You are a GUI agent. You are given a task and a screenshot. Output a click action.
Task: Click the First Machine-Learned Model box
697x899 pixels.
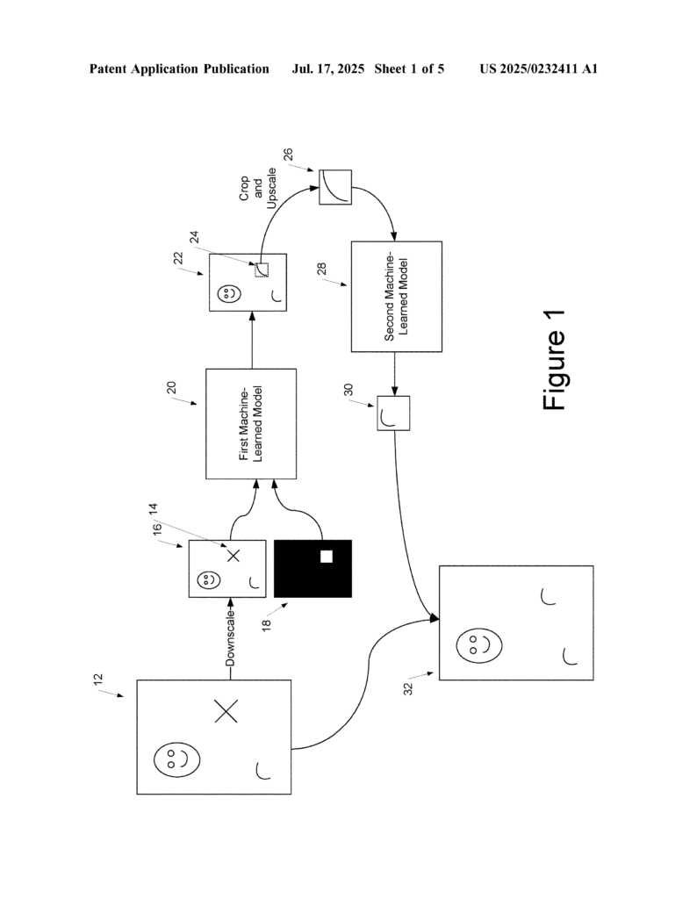click(x=251, y=424)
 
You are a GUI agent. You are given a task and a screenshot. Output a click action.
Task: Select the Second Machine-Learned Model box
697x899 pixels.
click(x=396, y=295)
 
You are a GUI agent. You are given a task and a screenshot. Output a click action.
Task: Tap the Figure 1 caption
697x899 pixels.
click(x=555, y=360)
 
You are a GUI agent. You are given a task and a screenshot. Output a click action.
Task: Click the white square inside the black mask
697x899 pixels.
click(x=327, y=556)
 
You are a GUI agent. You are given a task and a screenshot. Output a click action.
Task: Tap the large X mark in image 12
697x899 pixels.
click(x=226, y=710)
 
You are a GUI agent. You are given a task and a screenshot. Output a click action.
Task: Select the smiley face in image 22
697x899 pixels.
click(x=227, y=294)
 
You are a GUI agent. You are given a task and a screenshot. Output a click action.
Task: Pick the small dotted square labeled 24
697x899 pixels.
click(x=261, y=270)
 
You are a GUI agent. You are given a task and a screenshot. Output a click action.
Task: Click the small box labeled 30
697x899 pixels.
click(x=393, y=414)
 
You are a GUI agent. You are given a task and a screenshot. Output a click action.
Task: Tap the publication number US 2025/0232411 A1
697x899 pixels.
click(x=538, y=68)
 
